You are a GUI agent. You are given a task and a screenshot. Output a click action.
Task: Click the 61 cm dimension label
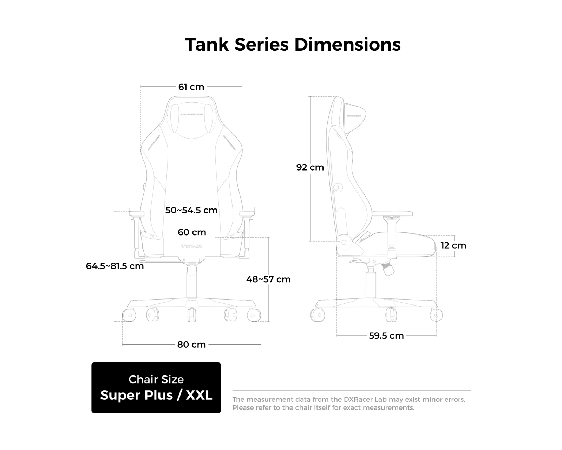tap(191, 87)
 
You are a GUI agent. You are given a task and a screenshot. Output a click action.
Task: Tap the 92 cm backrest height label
tap(310, 167)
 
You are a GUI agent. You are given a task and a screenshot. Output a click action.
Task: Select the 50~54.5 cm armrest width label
tap(191, 210)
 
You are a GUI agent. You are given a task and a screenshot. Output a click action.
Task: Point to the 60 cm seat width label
tap(192, 232)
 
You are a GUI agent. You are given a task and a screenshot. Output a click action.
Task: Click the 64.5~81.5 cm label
tap(115, 266)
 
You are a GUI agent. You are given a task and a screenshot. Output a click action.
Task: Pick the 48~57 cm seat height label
tap(268, 279)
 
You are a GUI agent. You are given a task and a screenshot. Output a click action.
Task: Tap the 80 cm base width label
tap(191, 345)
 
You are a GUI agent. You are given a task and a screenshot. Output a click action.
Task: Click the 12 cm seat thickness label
tap(453, 245)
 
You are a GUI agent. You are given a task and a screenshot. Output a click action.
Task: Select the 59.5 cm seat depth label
tap(386, 336)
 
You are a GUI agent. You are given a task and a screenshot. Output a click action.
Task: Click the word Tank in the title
tap(207, 44)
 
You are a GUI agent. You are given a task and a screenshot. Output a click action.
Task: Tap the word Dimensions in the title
tap(348, 44)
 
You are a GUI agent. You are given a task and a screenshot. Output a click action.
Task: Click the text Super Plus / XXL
tap(156, 395)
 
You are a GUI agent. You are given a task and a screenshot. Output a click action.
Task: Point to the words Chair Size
tap(156, 379)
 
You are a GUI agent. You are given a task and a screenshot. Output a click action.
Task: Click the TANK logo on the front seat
tap(192, 246)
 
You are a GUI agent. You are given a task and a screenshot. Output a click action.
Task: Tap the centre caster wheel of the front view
tap(192, 315)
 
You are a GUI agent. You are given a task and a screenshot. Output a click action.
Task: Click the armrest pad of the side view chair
tap(392, 214)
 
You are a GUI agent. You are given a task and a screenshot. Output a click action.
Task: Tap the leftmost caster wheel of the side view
tap(317, 315)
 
